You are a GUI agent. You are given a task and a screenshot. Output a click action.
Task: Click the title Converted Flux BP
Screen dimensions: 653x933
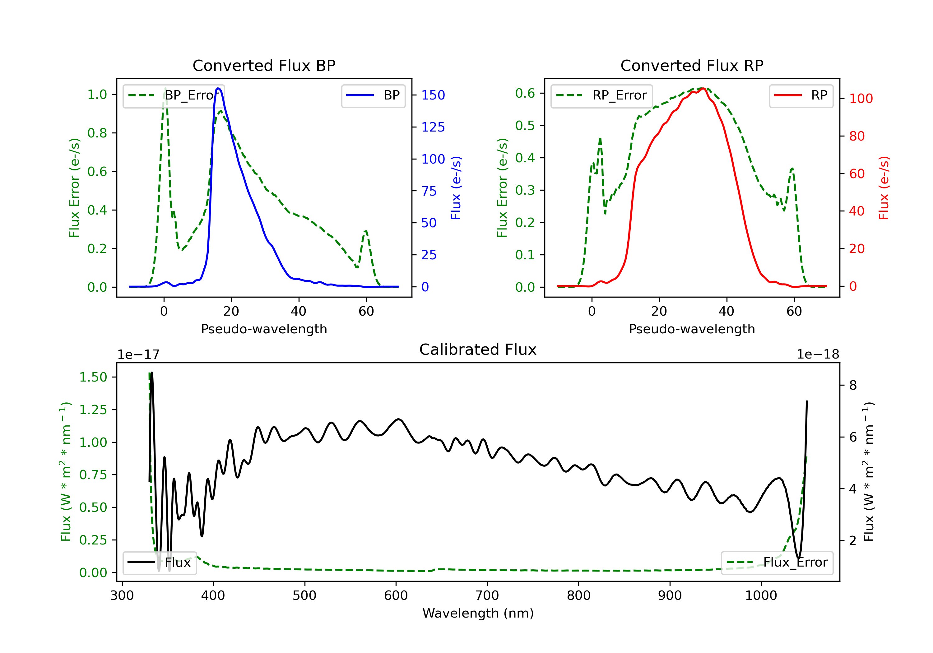[264, 65]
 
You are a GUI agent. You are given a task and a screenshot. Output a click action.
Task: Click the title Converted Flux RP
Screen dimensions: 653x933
[692, 65]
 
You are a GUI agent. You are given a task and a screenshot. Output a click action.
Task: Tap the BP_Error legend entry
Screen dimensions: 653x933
[174, 95]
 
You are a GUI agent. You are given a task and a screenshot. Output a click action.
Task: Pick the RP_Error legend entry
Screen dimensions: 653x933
[601, 95]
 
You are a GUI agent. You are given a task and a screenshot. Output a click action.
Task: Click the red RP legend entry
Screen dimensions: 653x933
[801, 95]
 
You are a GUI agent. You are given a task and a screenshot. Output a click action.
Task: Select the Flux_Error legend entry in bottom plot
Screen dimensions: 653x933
[777, 563]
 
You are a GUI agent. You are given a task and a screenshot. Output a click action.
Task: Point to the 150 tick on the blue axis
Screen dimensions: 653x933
[433, 95]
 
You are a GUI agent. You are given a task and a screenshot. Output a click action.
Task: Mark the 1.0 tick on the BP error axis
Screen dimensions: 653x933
[97, 95]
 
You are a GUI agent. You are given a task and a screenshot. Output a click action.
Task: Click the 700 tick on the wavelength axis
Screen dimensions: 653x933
[487, 596]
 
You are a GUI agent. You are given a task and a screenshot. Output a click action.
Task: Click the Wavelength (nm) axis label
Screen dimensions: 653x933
[478, 613]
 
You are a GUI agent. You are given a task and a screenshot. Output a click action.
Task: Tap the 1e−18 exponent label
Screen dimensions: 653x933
[818, 354]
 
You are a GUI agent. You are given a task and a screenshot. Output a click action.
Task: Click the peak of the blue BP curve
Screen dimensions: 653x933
[219, 88]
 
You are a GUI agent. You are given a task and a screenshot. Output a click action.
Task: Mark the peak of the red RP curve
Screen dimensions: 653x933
[703, 89]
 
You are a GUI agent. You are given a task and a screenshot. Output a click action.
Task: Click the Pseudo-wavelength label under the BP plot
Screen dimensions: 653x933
[264, 329]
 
